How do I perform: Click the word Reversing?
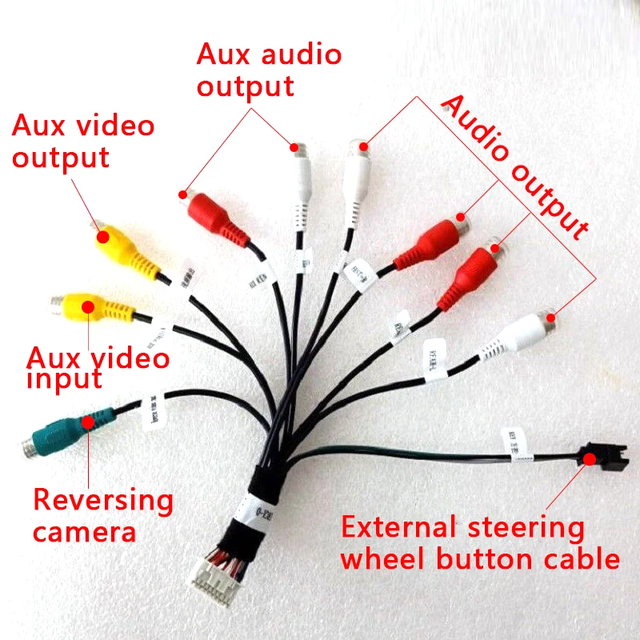click(102, 501)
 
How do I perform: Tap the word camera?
click(84, 531)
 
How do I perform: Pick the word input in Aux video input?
click(64, 378)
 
